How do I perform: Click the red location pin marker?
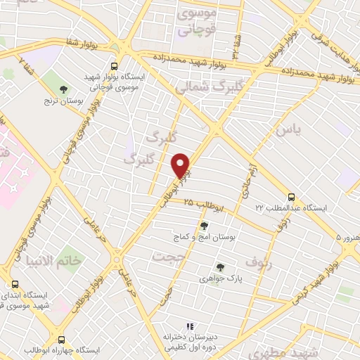click(x=181, y=166)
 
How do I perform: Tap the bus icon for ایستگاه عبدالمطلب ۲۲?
click(x=291, y=198)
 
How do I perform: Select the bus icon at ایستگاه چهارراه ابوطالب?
click(x=62, y=338)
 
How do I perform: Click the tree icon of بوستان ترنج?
click(x=64, y=89)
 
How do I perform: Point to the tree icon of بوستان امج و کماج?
click(x=204, y=226)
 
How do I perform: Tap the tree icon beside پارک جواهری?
click(x=220, y=267)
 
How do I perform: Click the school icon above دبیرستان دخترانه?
click(x=188, y=327)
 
